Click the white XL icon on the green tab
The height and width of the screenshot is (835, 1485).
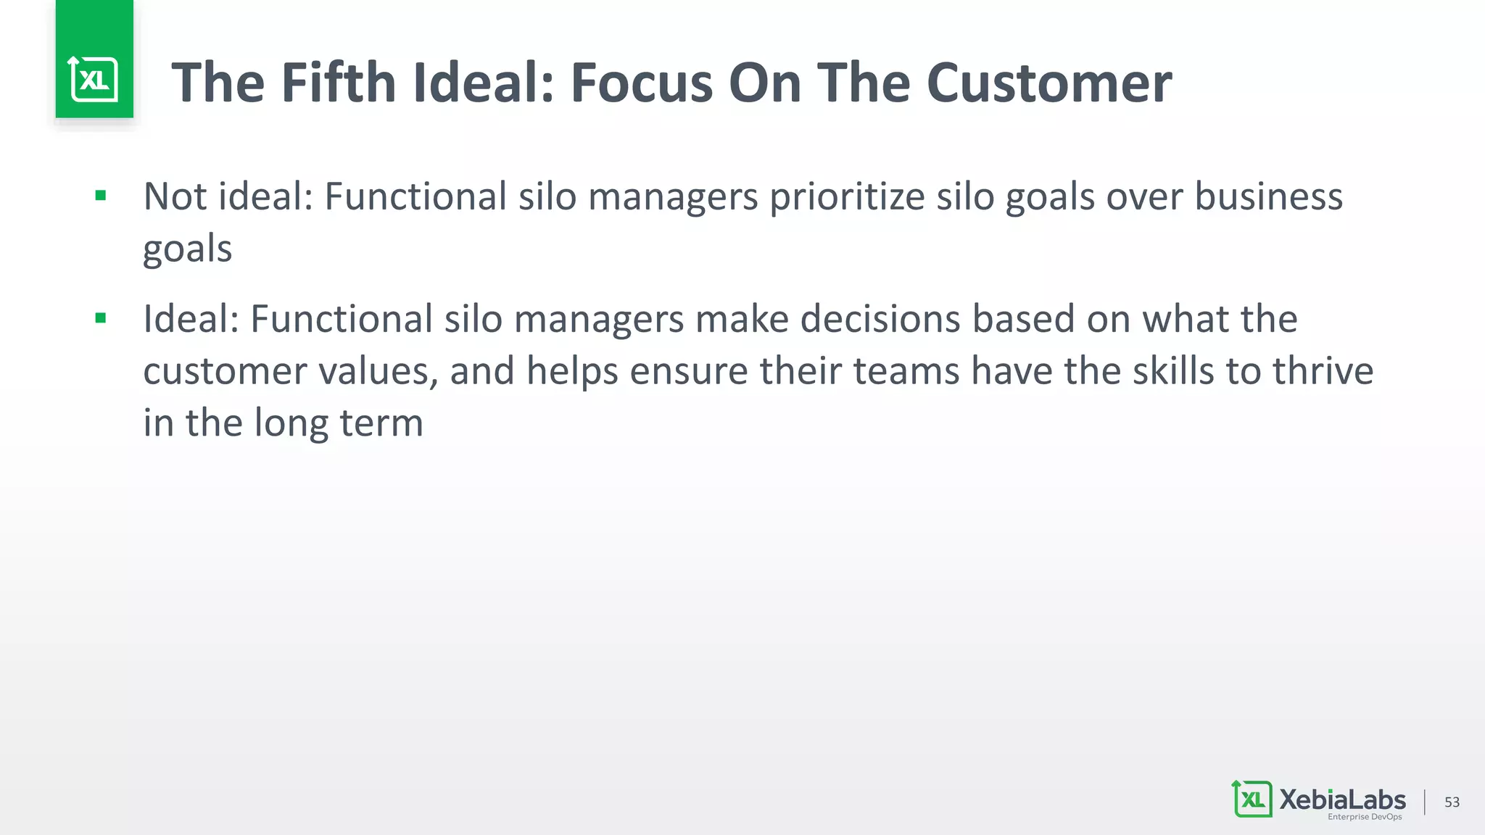pos(94,79)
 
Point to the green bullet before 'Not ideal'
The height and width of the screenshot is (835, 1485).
pos(101,195)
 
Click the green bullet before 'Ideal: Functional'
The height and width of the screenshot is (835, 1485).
pos(101,317)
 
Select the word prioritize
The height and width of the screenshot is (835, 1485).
pos(846,197)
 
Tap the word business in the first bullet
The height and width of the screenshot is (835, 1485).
pos(1268,197)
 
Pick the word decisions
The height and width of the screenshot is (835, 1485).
pos(880,319)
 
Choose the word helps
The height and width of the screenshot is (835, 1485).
pos(572,371)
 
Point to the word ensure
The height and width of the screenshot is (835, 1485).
pos(688,371)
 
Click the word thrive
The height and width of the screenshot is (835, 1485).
pos(1323,371)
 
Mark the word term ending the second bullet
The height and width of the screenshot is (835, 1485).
pos(381,423)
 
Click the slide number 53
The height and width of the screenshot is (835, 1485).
pos(1452,802)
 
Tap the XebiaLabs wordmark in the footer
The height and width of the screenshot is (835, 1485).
pos(1342,799)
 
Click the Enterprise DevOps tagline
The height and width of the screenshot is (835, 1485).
pos(1365,817)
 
